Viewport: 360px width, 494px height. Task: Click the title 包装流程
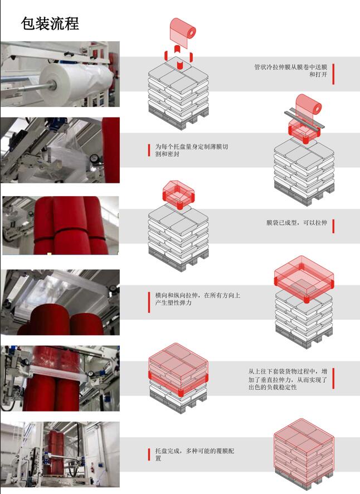50,23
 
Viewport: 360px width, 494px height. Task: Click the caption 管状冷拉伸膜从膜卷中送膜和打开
290,71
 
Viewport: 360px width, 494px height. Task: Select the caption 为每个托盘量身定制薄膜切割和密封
192,151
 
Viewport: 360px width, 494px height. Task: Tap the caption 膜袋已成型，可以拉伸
296,222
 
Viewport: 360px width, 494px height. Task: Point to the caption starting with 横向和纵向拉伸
197,299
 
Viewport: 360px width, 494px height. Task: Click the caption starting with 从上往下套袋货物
288,379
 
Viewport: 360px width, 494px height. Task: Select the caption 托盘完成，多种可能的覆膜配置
194,454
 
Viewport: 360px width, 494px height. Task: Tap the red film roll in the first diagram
183,32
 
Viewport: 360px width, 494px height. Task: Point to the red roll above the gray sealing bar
309,105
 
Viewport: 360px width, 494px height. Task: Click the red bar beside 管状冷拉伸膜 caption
333,74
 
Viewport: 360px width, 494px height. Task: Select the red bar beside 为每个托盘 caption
149,151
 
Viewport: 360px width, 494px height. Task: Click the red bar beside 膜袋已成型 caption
333,226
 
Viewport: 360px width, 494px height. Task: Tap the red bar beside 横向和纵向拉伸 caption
149,302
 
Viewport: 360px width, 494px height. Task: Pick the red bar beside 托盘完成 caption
149,454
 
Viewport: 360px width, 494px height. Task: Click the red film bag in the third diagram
178,195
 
